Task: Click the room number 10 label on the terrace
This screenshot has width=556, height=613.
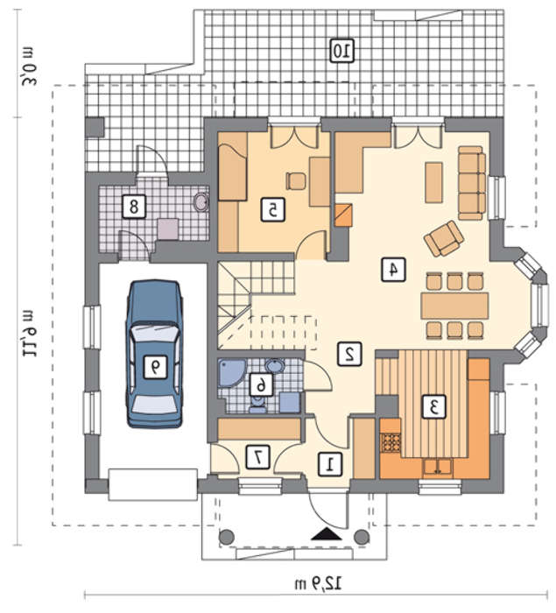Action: tap(341, 51)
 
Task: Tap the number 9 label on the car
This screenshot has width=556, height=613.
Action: tap(156, 366)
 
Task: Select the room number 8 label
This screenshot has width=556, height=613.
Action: tap(134, 207)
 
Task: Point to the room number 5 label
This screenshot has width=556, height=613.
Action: tap(273, 210)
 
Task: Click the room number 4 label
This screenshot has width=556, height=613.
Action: tap(393, 270)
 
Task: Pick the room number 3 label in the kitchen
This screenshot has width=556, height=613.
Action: tap(433, 407)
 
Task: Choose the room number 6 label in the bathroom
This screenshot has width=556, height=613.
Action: tap(261, 386)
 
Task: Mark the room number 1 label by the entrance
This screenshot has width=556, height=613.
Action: tap(330, 464)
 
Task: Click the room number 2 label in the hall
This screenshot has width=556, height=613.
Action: tap(350, 354)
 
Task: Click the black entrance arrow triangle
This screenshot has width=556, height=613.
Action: tap(327, 534)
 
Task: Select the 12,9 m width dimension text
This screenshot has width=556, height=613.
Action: tap(318, 584)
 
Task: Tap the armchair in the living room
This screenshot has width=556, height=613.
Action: tap(444, 238)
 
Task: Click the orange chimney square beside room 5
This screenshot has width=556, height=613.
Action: tap(344, 215)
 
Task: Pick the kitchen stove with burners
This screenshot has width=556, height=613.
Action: tap(391, 442)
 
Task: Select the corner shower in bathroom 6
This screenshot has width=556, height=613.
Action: tap(230, 372)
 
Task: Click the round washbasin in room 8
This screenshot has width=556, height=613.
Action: tap(201, 201)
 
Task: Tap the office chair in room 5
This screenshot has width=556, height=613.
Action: tap(296, 181)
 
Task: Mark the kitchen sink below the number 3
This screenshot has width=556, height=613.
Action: tap(438, 467)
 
